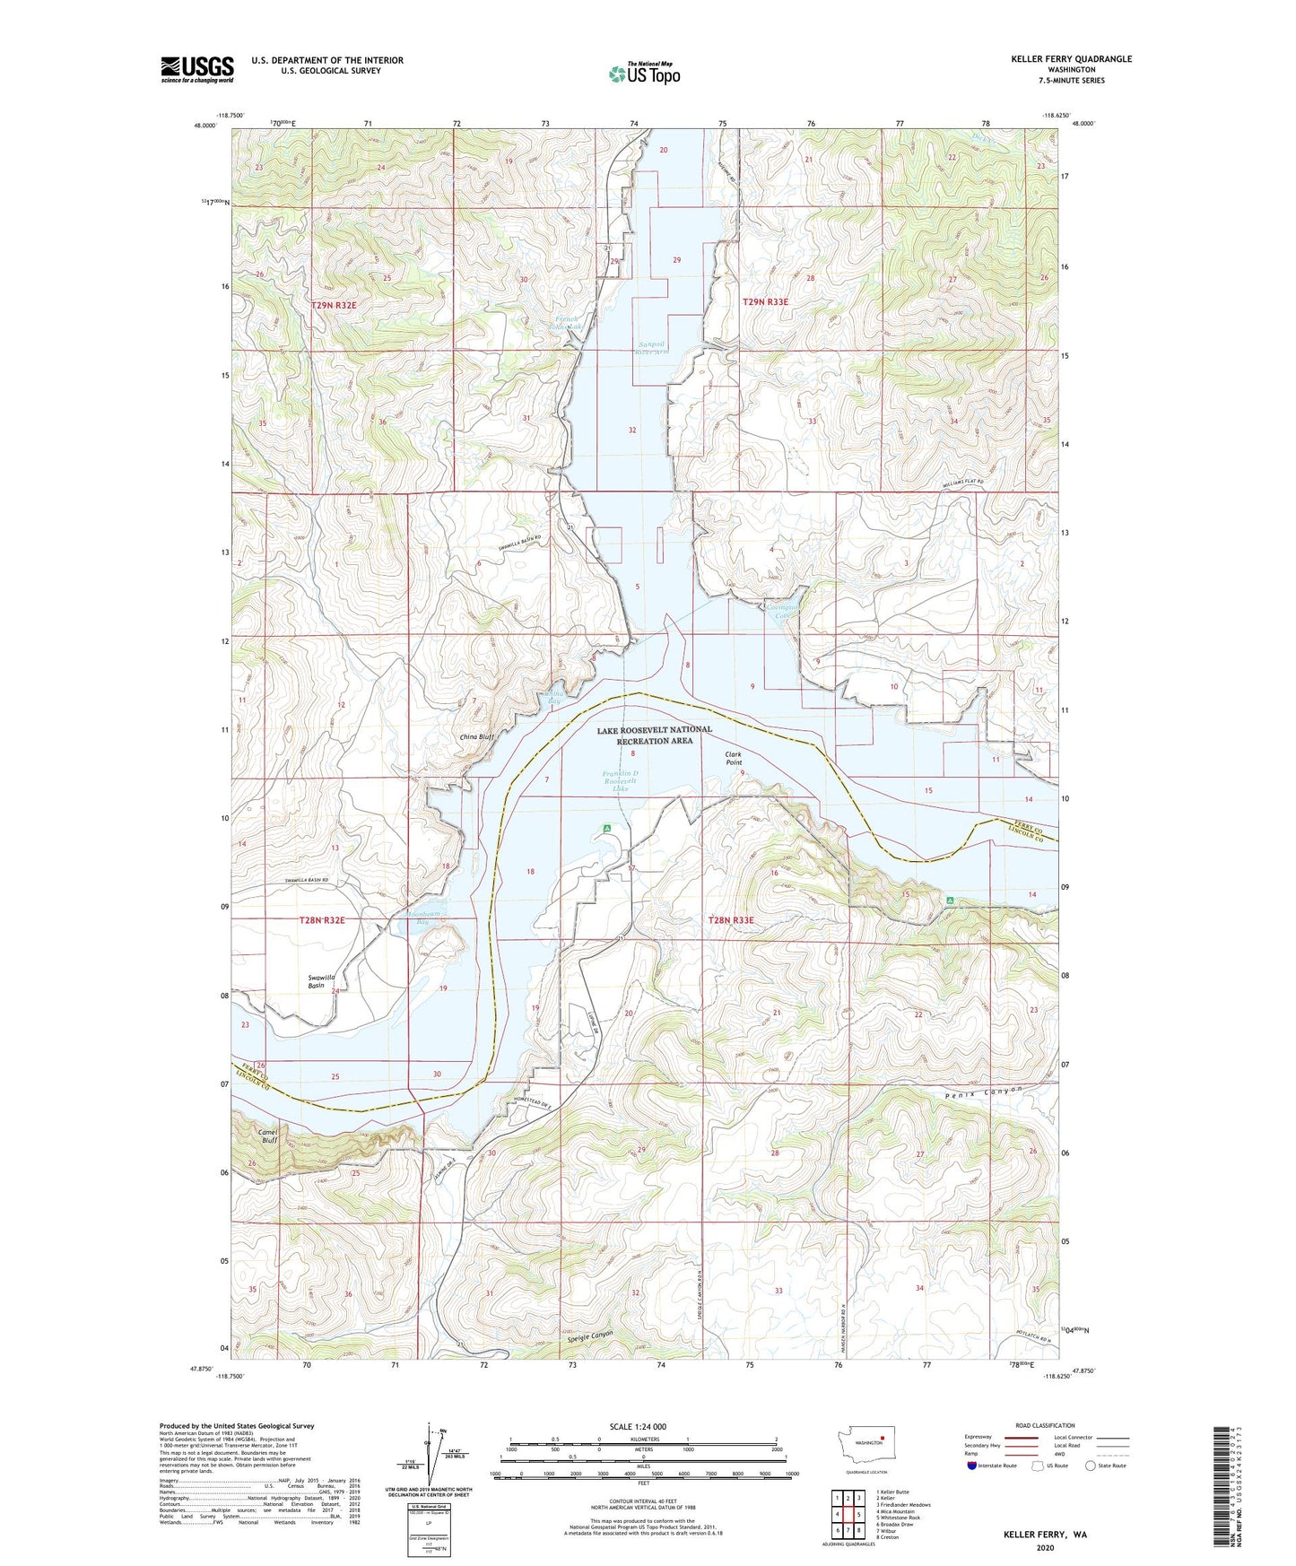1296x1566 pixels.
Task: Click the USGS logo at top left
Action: click(x=196, y=69)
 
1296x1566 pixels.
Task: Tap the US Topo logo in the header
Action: click(x=643, y=73)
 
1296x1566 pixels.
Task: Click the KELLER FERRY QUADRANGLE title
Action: click(x=1071, y=59)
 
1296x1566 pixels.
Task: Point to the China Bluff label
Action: click(x=477, y=737)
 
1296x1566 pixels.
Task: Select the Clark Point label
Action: click(x=734, y=759)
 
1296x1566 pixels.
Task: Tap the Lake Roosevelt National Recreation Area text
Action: click(x=655, y=735)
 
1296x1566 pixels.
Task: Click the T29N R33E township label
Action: click(x=765, y=302)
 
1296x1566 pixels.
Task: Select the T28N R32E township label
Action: click(x=322, y=920)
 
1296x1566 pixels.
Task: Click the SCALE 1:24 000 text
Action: click(x=637, y=1427)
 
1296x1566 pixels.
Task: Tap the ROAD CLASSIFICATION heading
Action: click(x=1045, y=1425)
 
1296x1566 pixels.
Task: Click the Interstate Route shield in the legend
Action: click(x=972, y=1466)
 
